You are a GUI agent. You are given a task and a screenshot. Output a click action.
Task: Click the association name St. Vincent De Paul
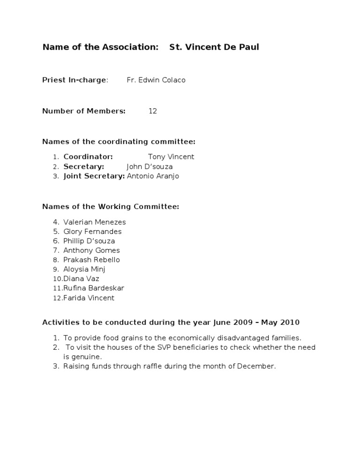tap(214, 47)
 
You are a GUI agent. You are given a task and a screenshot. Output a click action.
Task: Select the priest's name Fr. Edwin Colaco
tap(156, 80)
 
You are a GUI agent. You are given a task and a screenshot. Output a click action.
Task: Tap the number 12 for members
tap(153, 111)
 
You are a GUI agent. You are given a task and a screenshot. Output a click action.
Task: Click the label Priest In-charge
tap(75, 80)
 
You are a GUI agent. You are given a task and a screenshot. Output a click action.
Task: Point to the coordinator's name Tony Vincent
tap(171, 157)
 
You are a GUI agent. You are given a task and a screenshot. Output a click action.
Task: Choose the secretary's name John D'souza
tap(150, 166)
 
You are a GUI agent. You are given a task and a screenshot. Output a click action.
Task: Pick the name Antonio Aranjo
tap(153, 176)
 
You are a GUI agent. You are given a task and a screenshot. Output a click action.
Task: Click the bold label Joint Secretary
tap(94, 176)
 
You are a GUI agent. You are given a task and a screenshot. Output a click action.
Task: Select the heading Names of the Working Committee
tap(111, 207)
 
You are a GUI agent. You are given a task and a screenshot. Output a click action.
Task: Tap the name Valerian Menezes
tap(94, 222)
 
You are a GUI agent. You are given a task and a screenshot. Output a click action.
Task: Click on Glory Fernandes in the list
tap(92, 232)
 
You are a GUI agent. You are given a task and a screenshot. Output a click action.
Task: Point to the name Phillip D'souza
tap(89, 241)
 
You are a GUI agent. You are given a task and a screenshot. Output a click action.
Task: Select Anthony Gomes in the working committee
tap(91, 250)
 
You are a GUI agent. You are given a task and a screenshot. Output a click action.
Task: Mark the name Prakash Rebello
tap(91, 260)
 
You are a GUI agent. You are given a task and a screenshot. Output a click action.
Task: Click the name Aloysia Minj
tap(84, 269)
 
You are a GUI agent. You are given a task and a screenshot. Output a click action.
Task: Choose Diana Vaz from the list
tap(81, 278)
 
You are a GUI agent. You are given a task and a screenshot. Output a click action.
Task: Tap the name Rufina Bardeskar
tap(94, 288)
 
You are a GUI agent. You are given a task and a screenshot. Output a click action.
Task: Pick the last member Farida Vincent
tap(89, 298)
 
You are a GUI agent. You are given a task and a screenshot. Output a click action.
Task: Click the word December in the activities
tap(256, 366)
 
